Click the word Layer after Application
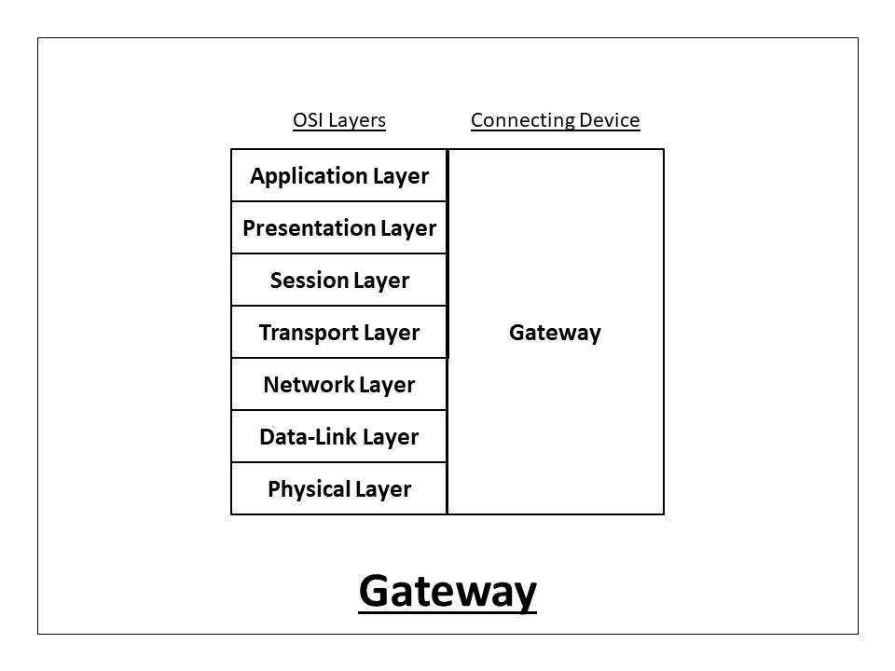click(401, 176)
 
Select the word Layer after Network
click(387, 385)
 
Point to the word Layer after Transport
click(392, 333)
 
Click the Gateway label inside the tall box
click(555, 333)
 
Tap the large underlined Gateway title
click(447, 591)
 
